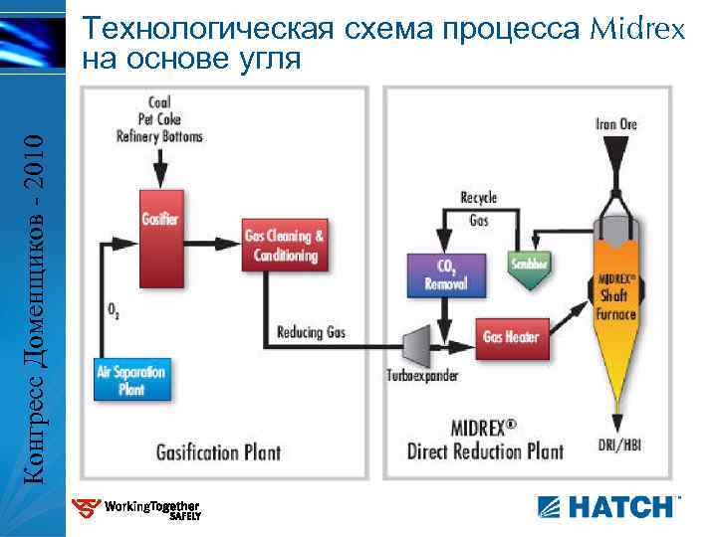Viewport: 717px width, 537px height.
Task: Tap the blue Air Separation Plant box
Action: click(131, 379)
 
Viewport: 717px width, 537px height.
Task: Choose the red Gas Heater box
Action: click(510, 336)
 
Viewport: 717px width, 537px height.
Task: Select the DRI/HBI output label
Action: click(618, 445)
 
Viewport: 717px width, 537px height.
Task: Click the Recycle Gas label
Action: click(478, 208)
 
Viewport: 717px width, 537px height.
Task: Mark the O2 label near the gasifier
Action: click(114, 310)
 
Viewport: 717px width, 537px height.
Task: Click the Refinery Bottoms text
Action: click(159, 136)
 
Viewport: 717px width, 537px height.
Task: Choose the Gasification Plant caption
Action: click(218, 452)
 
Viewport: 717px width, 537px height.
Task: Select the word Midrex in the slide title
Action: click(638, 28)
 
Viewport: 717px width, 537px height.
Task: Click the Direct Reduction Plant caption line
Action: click(485, 450)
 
